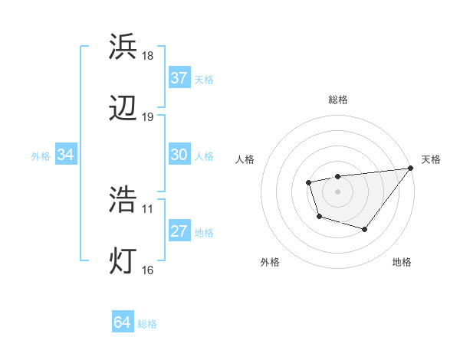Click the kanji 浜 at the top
coord(123,47)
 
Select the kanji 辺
coord(123,110)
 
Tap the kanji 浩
coord(123,200)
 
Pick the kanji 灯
coord(123,261)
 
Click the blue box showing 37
coord(179,78)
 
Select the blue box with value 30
coord(179,155)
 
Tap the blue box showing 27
coord(179,231)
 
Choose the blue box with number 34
coord(66,155)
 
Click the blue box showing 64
coord(122,322)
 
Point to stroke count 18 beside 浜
coord(147,56)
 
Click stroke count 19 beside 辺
coord(147,117)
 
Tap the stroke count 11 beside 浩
coord(147,208)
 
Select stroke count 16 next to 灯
coord(147,269)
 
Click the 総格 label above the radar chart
coord(337,100)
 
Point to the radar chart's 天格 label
coord(431,159)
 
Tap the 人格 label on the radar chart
coord(245,159)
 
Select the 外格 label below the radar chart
coord(269,262)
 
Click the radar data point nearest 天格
coord(410,168)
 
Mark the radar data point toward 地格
coord(365,229)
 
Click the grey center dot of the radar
coord(337,191)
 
